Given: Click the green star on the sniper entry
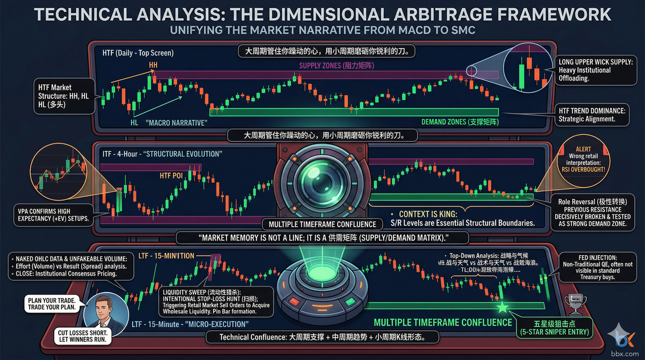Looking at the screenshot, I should tap(502, 307).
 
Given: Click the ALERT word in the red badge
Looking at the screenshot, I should tap(577, 150).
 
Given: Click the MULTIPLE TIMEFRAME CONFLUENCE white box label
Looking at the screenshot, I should tap(321, 224).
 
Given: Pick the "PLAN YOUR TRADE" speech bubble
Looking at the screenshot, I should tap(50, 304).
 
